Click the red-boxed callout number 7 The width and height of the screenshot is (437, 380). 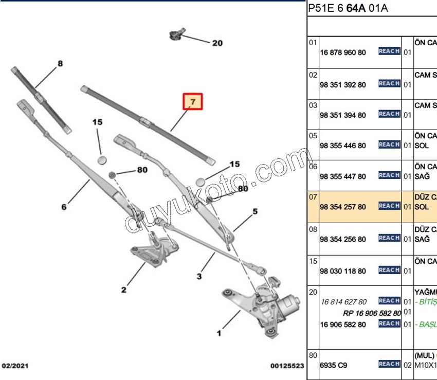coord(192,102)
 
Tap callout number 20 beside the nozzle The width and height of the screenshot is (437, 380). coord(217,43)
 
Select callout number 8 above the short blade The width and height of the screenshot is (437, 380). coord(60,64)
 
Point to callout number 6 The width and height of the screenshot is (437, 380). coord(64,207)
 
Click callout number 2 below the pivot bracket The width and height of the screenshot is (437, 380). coord(123,291)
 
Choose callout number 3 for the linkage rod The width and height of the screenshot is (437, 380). coord(199,277)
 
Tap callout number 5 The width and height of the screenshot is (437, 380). coord(254,211)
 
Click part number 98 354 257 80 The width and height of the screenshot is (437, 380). coord(343,207)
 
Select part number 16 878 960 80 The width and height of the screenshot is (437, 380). coord(343,52)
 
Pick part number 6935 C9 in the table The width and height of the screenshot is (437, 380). coord(334,365)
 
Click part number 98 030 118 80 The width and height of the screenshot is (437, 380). coord(343,271)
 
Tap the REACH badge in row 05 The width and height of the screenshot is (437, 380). coord(389,144)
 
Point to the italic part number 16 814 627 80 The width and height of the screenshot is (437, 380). coord(343,302)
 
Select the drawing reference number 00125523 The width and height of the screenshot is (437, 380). coord(287,366)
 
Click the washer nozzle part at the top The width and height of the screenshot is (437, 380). coord(176,35)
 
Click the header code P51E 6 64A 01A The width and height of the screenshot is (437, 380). coord(348,8)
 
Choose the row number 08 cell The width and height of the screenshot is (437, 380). coord(313,229)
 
